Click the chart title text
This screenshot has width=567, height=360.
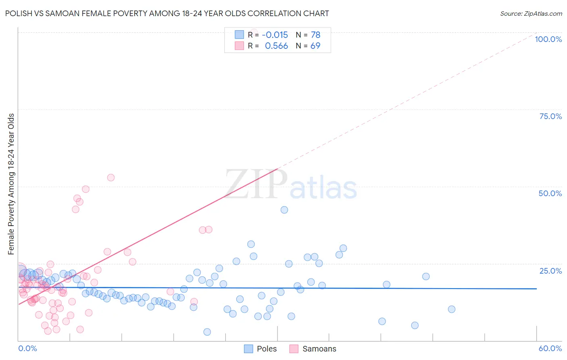click(x=167, y=13)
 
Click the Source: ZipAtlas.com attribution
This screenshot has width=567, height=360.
click(x=531, y=13)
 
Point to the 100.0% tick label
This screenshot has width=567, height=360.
click(x=548, y=39)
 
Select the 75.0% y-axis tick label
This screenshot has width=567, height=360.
click(x=550, y=116)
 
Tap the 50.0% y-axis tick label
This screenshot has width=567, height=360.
click(x=550, y=193)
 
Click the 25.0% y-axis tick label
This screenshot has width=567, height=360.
click(x=550, y=270)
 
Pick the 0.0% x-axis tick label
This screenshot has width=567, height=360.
click(x=27, y=348)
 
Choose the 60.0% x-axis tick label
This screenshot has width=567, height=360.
click(x=550, y=348)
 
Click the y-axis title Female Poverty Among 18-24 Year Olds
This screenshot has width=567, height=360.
click(x=11, y=184)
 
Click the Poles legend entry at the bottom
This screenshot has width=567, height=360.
click(x=267, y=349)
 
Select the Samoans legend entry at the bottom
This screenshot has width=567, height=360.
click(x=319, y=349)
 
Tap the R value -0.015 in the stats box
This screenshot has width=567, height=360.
click(x=275, y=35)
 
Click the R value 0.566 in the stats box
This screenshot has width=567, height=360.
click(x=276, y=46)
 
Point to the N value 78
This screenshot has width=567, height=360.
click(x=315, y=35)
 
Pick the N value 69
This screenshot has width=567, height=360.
click(x=315, y=46)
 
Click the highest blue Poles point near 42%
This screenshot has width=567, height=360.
click(x=284, y=210)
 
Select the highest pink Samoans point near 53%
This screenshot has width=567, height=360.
click(x=111, y=178)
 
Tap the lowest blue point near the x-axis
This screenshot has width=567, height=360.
click(x=207, y=332)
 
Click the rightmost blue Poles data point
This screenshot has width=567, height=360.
click(x=452, y=309)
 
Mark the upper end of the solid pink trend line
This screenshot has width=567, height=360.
click(x=277, y=169)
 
